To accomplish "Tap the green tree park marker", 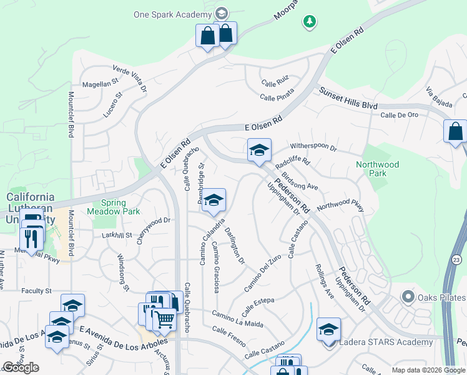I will (309, 22).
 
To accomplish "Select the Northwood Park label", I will (377, 169).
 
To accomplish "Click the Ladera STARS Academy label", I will (385, 342).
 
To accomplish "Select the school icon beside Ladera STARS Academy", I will (328, 329).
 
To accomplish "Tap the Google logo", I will (21, 367).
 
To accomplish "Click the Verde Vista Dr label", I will (129, 77).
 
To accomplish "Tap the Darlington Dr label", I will (235, 246).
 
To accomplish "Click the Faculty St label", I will (36, 291).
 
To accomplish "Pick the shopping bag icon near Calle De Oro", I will (455, 131).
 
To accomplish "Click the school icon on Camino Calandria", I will (214, 200).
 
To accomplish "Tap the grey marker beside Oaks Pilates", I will (408, 296).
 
